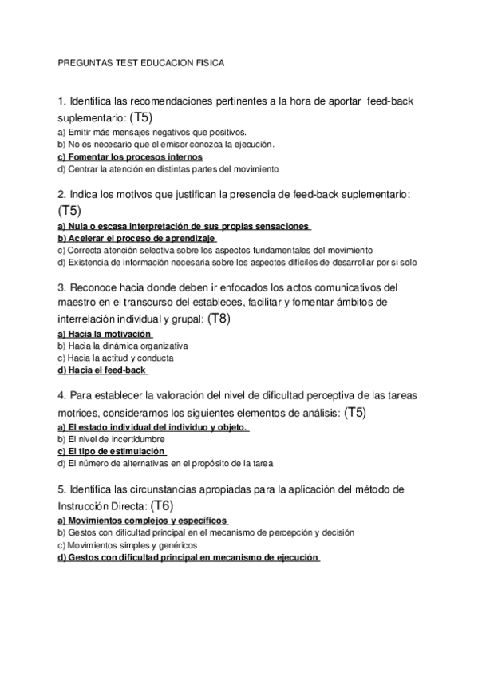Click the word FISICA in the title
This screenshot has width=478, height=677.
(210, 61)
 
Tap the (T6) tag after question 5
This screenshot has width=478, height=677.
(162, 505)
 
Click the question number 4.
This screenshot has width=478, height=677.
(61, 396)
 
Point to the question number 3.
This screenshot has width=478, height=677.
(61, 287)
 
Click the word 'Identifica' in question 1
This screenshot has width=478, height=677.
(90, 101)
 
